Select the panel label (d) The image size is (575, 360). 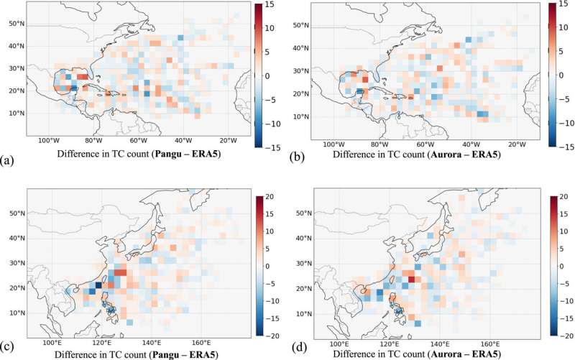click(296, 350)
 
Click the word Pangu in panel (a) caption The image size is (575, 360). click(172, 153)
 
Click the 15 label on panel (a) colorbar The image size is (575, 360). click(266, 6)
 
